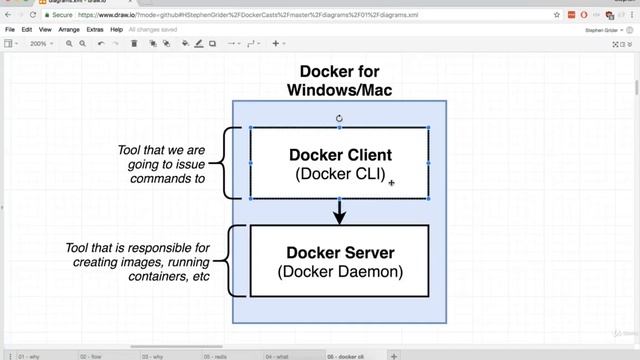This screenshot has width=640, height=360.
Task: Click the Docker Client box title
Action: click(339, 155)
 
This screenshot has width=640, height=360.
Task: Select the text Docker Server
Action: click(339, 252)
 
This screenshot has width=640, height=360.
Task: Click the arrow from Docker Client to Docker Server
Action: click(339, 211)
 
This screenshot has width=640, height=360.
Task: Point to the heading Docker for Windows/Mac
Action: click(339, 81)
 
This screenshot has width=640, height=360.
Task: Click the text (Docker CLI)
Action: click(339, 174)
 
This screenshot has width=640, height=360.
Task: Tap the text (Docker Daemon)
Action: click(339, 271)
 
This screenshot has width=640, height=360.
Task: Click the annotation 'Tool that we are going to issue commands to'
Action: click(161, 165)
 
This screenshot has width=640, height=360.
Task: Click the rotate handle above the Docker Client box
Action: click(339, 118)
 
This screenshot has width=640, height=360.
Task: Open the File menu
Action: click(10, 30)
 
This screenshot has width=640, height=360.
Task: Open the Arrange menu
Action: click(69, 30)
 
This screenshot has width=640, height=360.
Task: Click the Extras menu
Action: click(96, 30)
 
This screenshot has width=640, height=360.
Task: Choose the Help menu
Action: click(117, 30)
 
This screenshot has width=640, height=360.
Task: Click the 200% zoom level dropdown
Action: click(40, 44)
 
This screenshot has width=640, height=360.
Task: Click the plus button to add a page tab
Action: click(394, 355)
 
